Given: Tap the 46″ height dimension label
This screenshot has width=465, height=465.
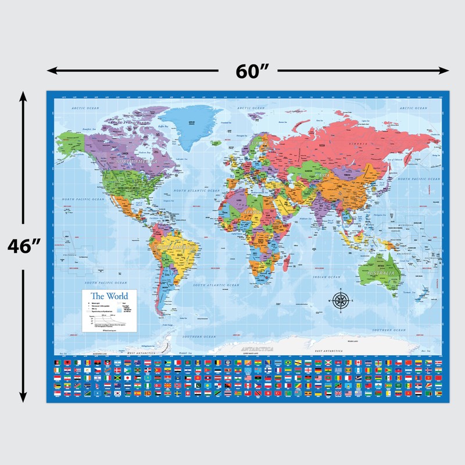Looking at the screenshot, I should pyautogui.click(x=23, y=246).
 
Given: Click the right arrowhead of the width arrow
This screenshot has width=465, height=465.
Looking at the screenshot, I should pyautogui.click(x=444, y=71).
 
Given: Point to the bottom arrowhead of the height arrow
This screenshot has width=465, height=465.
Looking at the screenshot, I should pyautogui.click(x=23, y=398).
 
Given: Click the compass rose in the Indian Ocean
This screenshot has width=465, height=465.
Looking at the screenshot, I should pyautogui.click(x=341, y=301).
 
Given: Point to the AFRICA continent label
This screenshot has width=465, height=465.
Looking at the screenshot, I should pyautogui.click(x=254, y=213).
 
